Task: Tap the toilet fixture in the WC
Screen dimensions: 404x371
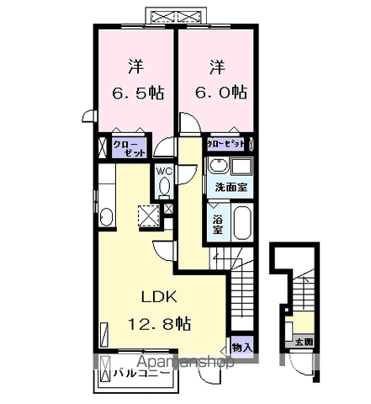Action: (164, 186)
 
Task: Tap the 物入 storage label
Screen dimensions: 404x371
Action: (241, 346)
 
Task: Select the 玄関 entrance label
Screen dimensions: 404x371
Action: (303, 342)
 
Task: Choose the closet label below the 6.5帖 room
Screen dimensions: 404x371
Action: (130, 147)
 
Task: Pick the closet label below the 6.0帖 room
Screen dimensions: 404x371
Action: (228, 144)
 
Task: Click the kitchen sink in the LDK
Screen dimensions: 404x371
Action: (104, 218)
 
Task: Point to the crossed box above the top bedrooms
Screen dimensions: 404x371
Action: (177, 16)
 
